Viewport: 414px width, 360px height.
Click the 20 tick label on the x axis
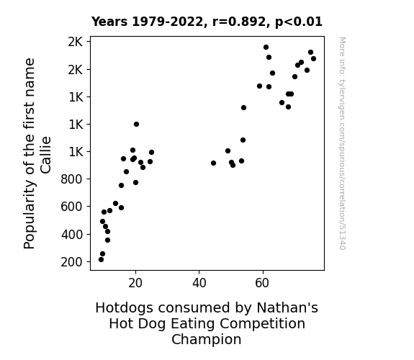click(x=135, y=283)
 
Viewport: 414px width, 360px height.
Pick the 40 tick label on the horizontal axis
click(x=199, y=283)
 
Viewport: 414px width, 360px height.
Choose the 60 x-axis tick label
click(x=262, y=283)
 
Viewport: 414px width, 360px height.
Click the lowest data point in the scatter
click(x=101, y=260)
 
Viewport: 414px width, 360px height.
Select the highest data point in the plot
click(x=266, y=48)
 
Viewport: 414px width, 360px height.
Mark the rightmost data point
click(x=313, y=58)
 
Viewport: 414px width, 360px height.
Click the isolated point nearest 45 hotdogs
click(x=213, y=163)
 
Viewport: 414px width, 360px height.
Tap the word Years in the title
click(x=109, y=22)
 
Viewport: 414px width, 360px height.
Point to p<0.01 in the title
click(x=299, y=22)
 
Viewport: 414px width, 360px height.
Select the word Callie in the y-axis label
click(x=45, y=155)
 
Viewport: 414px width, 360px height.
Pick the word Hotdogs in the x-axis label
click(x=124, y=308)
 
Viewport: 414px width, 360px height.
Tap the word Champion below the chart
click(x=207, y=340)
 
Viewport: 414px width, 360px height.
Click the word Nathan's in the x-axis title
click(x=287, y=307)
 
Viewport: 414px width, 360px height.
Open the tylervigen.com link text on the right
click(x=342, y=143)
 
